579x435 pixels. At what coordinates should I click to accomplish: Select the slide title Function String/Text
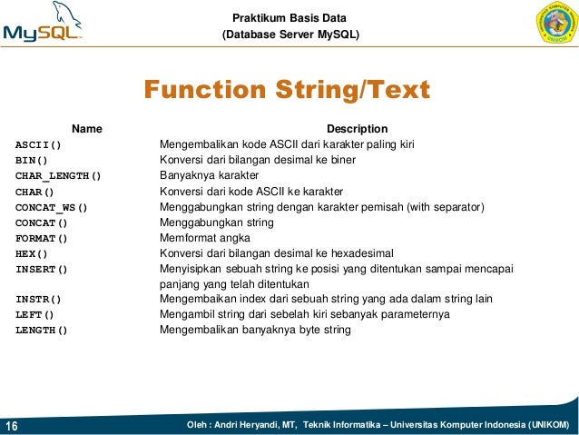click(287, 91)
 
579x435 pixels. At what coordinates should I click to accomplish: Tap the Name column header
click(87, 129)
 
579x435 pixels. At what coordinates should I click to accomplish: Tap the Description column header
click(357, 129)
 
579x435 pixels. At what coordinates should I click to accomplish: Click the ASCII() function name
click(38, 145)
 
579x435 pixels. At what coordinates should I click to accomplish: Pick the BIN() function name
click(32, 161)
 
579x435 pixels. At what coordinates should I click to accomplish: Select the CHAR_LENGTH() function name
click(58, 176)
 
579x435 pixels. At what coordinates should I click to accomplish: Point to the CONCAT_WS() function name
click(52, 207)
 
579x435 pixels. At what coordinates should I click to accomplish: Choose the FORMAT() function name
click(42, 238)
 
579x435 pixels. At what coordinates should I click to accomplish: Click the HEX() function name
click(32, 253)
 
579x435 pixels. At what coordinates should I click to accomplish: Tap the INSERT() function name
click(42, 269)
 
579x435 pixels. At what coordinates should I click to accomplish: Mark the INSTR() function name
click(38, 299)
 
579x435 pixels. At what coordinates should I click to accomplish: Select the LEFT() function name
click(35, 314)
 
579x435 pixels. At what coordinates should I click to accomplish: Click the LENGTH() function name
click(42, 330)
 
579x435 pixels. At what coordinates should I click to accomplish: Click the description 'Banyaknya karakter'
click(210, 175)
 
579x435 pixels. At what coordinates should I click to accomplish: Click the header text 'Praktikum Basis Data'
click(289, 18)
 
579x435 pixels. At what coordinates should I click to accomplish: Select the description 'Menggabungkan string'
click(217, 222)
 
